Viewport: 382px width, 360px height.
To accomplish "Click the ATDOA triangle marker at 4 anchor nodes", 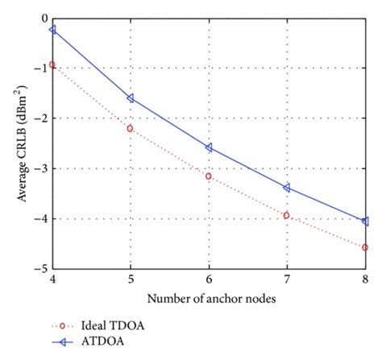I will tap(52, 29).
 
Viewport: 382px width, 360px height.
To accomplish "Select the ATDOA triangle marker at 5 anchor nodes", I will tap(131, 98).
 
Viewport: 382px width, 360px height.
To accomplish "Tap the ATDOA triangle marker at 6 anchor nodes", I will tap(209, 147).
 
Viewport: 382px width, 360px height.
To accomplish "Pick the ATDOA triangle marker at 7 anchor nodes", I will tap(287, 188).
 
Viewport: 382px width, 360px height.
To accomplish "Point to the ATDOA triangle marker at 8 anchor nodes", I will tap(365, 221).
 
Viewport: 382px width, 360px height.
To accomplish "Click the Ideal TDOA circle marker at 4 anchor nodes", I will tap(52, 64).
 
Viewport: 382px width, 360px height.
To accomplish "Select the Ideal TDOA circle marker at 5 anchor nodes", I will tap(131, 128).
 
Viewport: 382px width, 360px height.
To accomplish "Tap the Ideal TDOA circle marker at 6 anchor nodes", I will tap(209, 176).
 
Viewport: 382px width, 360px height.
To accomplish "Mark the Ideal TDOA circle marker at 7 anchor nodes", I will tap(287, 215).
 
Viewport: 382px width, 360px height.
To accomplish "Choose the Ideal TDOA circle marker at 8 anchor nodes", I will tap(365, 247).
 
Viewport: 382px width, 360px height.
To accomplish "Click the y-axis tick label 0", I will tap(42, 18).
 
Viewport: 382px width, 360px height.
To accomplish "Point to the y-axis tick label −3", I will tap(39, 168).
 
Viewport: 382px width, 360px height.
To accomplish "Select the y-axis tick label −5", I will tap(39, 268).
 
